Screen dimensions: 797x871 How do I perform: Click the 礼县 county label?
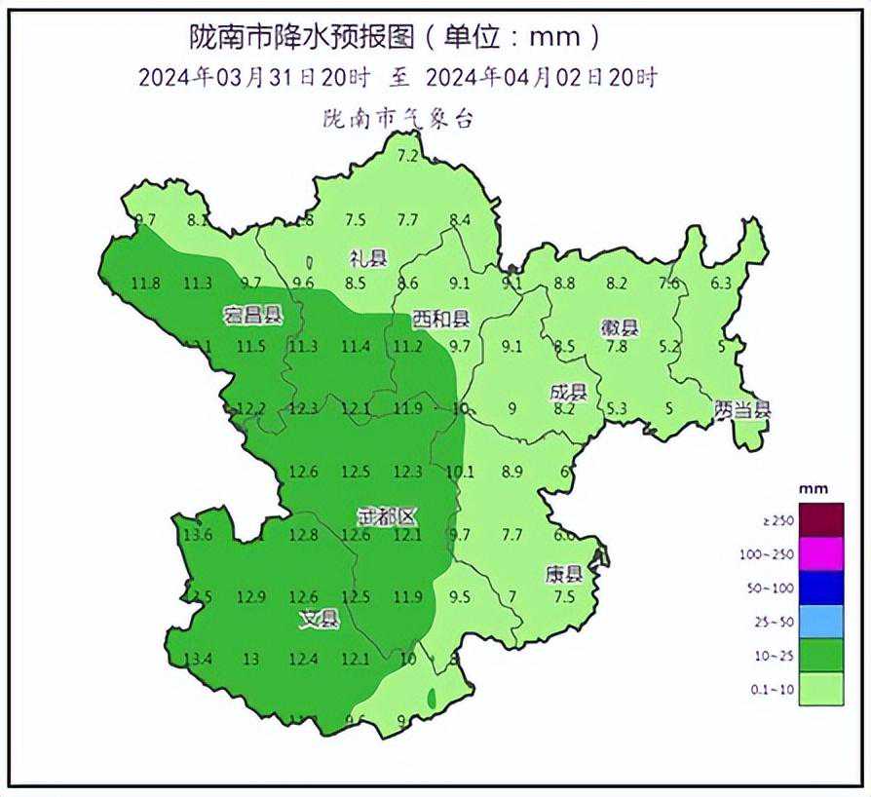click(368, 258)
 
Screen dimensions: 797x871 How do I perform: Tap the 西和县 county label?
click(440, 319)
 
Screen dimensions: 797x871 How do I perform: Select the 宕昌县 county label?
click(252, 316)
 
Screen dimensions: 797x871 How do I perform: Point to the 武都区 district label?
click(386, 516)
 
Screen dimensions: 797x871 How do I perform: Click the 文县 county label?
click(319, 618)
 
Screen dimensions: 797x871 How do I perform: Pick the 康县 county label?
click(563, 574)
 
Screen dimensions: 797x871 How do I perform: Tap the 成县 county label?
click(568, 393)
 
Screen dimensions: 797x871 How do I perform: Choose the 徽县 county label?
click(619, 327)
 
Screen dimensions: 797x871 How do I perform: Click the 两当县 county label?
click(741, 410)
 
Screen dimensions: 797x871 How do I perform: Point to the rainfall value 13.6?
click(198, 534)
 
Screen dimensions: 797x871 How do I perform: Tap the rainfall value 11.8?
click(145, 284)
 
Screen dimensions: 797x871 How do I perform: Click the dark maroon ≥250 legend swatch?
click(820, 520)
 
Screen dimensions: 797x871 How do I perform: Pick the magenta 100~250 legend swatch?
click(820, 554)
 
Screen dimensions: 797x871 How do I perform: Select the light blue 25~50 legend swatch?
click(820, 622)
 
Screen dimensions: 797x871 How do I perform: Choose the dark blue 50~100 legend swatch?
click(820, 588)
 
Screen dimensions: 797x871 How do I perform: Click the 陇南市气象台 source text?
click(398, 121)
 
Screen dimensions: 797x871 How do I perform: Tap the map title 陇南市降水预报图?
click(302, 37)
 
